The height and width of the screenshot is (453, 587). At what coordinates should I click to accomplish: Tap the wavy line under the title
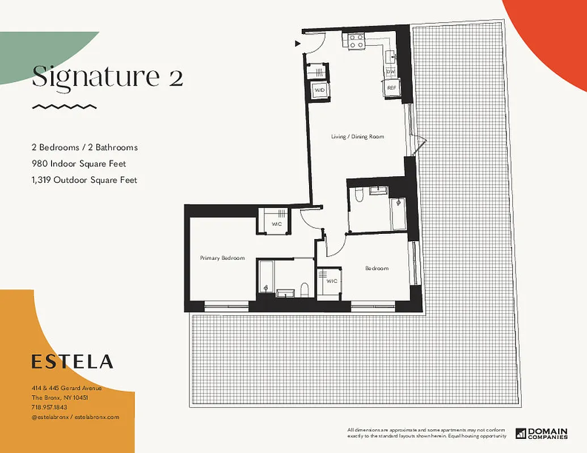[64, 106]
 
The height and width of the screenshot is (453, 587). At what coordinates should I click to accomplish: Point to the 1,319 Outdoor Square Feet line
[85, 180]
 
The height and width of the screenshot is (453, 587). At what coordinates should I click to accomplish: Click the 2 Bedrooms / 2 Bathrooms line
[85, 147]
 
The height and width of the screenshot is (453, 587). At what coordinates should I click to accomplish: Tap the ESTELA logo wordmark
[72, 361]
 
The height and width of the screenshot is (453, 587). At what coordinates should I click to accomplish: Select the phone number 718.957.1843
[49, 407]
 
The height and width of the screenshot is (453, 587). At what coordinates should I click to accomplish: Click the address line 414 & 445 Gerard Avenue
[66, 388]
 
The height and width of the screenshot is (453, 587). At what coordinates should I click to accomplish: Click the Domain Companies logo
[541, 433]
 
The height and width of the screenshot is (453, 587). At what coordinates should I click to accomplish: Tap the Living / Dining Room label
[358, 136]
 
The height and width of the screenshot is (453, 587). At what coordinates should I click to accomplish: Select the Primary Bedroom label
[222, 258]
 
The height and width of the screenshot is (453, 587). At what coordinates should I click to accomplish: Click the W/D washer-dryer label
[319, 90]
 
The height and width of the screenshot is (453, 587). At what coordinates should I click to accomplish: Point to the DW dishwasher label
[391, 72]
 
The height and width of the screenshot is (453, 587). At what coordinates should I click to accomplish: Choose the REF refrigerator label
[391, 88]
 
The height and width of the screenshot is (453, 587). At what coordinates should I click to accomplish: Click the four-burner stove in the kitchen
[356, 41]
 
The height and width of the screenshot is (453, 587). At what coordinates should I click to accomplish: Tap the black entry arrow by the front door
[297, 43]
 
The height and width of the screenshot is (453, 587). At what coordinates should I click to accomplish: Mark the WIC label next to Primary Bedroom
[277, 224]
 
